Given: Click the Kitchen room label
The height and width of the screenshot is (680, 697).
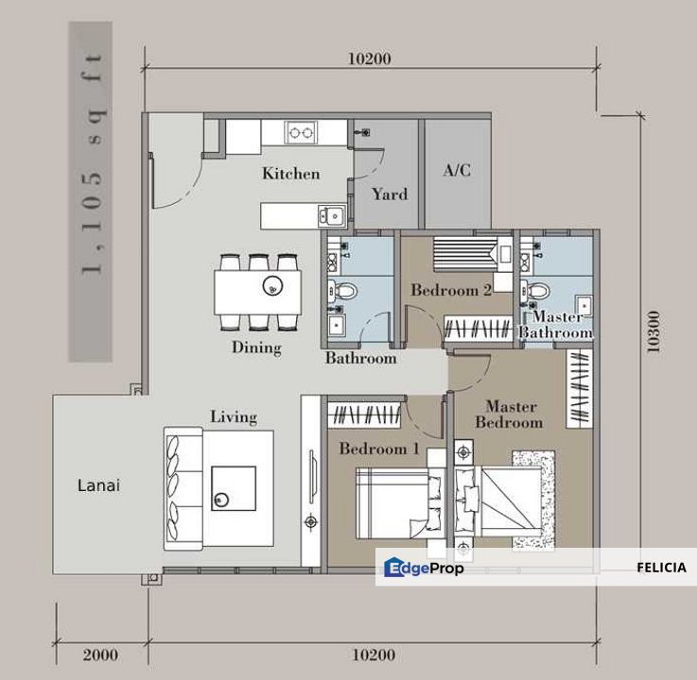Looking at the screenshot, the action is (291, 173).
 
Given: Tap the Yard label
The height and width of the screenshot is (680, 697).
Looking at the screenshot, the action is (390, 194).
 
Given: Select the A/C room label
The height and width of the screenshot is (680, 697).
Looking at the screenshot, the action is (457, 170).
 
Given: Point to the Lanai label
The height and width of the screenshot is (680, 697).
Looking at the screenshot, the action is (98, 485).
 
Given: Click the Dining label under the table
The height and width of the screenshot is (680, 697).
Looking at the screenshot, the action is (256, 348).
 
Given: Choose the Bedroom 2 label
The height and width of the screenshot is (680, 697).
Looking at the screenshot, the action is (451, 290).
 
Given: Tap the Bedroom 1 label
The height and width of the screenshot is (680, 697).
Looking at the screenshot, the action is (379, 449).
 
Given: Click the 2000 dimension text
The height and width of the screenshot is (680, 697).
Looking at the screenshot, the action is (100, 654).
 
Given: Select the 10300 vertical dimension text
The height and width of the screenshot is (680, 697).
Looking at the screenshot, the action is (653, 331).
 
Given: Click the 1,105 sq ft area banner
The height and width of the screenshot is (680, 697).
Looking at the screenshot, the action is (90, 192).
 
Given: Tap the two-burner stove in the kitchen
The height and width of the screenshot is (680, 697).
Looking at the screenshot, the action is (301, 132).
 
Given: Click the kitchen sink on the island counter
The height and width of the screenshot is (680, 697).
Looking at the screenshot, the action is (332, 216).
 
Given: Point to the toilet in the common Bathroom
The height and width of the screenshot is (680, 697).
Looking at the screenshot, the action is (342, 291).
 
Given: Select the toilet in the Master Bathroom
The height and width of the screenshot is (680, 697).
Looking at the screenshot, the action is (535, 291).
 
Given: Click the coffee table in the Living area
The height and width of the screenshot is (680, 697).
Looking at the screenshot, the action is (234, 488).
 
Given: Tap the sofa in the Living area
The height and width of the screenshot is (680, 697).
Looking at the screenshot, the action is (183, 488).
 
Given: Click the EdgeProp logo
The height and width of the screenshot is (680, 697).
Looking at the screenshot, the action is (424, 568).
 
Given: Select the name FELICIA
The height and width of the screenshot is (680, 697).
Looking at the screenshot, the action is (661, 568).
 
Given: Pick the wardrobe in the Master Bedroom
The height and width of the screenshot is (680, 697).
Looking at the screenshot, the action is (580, 388).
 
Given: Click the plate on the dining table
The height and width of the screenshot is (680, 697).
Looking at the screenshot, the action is (272, 286).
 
